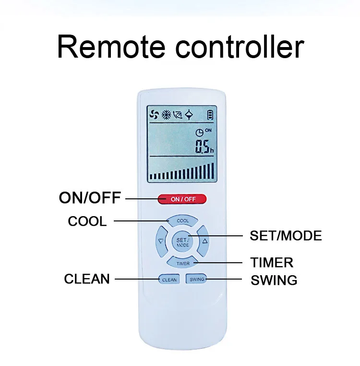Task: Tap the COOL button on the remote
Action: pyautogui.click(x=182, y=220)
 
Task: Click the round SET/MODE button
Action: pyautogui.click(x=182, y=242)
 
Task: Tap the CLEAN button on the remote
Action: pyautogui.click(x=169, y=280)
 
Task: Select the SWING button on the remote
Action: pyautogui.click(x=197, y=279)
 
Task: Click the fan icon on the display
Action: pyautogui.click(x=155, y=115)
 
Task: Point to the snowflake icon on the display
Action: pyautogui.click(x=167, y=115)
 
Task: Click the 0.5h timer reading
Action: pyautogui.click(x=204, y=146)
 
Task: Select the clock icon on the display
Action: pyautogui.click(x=199, y=133)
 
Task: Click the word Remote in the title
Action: pyautogui.click(x=111, y=47)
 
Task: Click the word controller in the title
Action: pyautogui.click(x=240, y=47)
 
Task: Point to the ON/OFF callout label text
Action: pyautogui.click(x=90, y=198)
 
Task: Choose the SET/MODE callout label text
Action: pyautogui.click(x=286, y=236)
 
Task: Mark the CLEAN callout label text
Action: pyautogui.click(x=87, y=279)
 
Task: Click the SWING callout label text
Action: pyautogui.click(x=274, y=280)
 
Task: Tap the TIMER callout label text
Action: pyautogui.click(x=272, y=263)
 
